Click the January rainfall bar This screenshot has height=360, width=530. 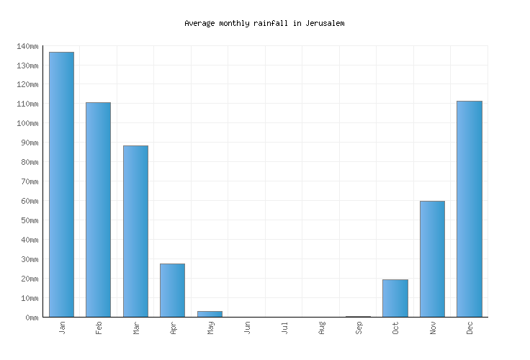61,184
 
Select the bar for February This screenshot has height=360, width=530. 98,210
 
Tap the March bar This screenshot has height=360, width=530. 135,231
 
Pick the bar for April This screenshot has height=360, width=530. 172,290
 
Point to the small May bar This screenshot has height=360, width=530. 210,314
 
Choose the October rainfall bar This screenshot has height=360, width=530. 395,298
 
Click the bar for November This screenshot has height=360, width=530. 432,258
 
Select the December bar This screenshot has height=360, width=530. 469,209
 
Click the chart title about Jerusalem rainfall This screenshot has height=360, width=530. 264,23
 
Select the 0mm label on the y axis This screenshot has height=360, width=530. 31,318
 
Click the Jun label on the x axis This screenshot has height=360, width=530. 247,328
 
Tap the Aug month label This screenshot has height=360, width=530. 321,328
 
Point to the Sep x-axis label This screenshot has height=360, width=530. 358,328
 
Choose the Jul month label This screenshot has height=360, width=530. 284,328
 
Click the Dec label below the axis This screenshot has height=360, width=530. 470,328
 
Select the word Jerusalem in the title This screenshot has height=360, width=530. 324,23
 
